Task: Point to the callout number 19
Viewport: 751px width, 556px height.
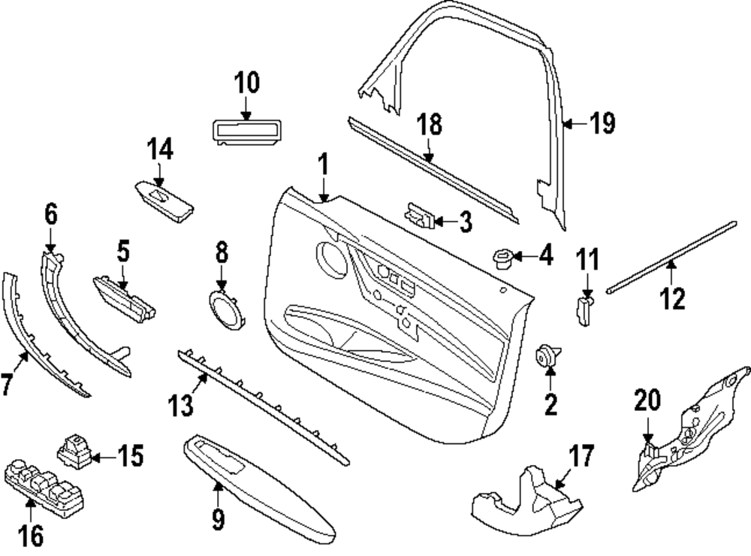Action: point(601,122)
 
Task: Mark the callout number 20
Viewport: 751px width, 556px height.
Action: point(647,400)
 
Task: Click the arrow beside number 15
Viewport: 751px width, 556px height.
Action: point(104,456)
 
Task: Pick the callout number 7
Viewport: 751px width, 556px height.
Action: point(7,385)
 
